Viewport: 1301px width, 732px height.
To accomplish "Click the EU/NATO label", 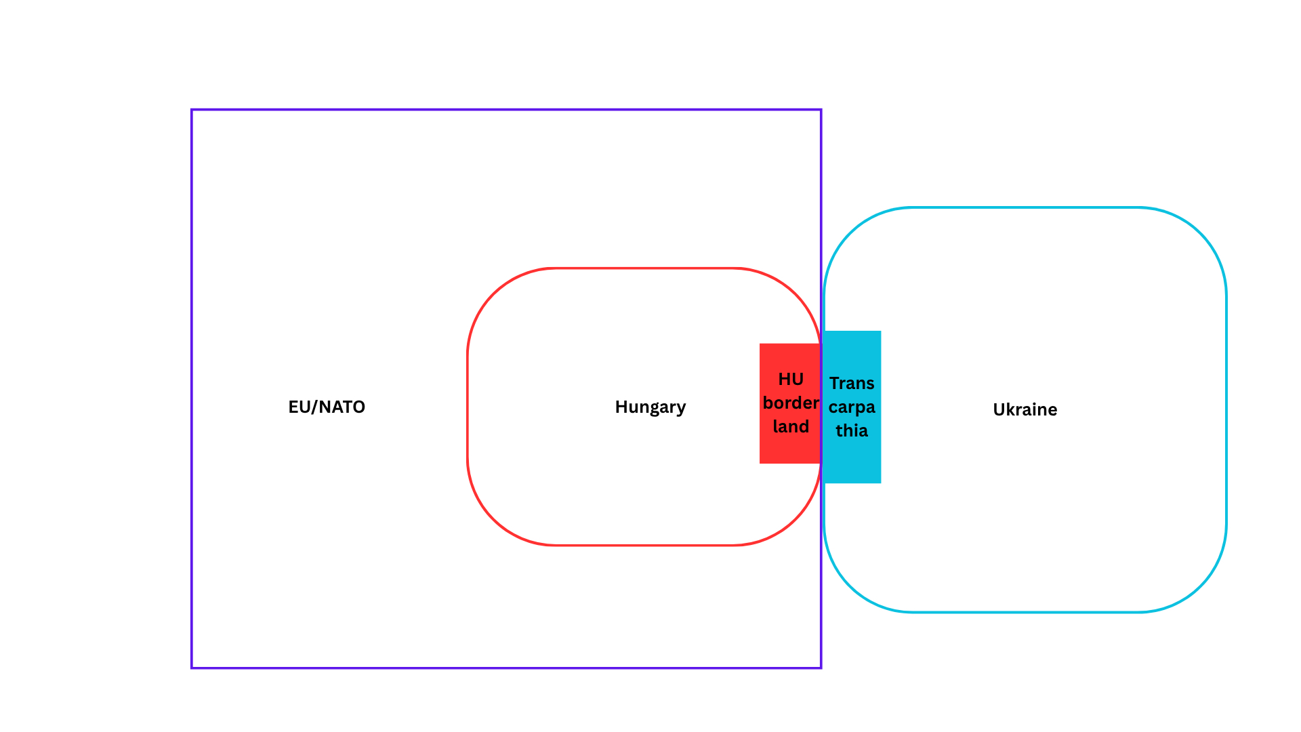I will [x=327, y=407].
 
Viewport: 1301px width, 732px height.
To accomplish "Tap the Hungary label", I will [x=650, y=407].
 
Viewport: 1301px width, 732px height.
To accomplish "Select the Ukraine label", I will [x=1025, y=409].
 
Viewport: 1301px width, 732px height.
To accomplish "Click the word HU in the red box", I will [x=791, y=379].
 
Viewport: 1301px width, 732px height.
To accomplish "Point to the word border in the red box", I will [x=791, y=403].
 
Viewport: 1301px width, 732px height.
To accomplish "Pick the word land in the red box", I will [x=791, y=426].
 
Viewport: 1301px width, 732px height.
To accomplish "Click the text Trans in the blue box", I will [x=852, y=383].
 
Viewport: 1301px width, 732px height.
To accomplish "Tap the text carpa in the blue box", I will [x=852, y=407].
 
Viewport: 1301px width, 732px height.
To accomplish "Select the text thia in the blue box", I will [x=852, y=430].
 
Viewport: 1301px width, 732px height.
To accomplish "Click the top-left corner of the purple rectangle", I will [x=192, y=110].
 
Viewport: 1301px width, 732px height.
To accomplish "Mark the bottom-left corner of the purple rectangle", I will [x=192, y=668].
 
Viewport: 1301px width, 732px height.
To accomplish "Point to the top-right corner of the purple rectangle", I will [x=821, y=110].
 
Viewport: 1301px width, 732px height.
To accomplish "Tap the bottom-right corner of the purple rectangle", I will [x=821, y=668].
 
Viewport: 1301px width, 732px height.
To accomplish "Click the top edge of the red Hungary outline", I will [x=644, y=268].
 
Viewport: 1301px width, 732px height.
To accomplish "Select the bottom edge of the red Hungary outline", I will [x=644, y=545].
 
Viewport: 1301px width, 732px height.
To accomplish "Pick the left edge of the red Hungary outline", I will [x=468, y=407].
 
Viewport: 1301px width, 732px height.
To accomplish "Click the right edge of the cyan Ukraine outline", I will [x=1226, y=409].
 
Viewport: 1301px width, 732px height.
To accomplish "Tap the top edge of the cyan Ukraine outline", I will [x=1025, y=207].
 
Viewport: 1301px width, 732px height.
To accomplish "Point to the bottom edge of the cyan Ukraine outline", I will [x=1025, y=612].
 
